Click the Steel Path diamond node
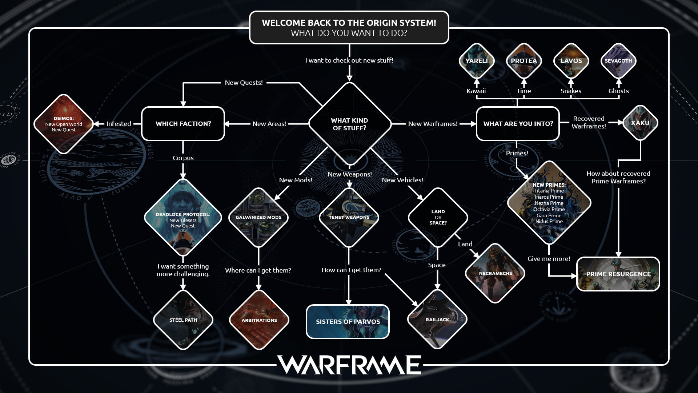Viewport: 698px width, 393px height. click(x=183, y=320)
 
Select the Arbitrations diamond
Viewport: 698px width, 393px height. click(x=259, y=320)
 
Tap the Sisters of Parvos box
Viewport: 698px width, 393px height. click(x=348, y=322)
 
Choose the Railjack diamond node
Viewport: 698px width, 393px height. click(x=437, y=319)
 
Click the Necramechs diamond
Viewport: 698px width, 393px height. click(x=495, y=273)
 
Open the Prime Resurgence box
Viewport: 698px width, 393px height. click(x=618, y=274)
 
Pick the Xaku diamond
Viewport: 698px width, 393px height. click(x=640, y=123)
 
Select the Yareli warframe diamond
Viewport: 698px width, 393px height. click(x=477, y=61)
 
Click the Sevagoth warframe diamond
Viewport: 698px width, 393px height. click(x=618, y=61)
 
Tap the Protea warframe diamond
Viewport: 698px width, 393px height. click(x=523, y=61)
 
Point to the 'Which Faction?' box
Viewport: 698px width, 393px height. click(x=183, y=124)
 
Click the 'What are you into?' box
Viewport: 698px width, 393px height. click(x=518, y=124)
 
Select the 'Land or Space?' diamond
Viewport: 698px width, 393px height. click(x=438, y=217)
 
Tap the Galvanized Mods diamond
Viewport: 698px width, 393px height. click(x=258, y=217)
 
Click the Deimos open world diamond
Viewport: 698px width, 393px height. click(x=64, y=124)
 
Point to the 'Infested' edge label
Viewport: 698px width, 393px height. click(x=119, y=124)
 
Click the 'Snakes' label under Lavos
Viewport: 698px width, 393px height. click(x=571, y=91)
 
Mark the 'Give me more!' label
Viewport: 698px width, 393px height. click(x=549, y=259)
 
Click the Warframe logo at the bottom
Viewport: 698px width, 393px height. click(x=349, y=365)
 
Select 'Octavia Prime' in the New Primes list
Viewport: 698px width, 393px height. click(x=549, y=209)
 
